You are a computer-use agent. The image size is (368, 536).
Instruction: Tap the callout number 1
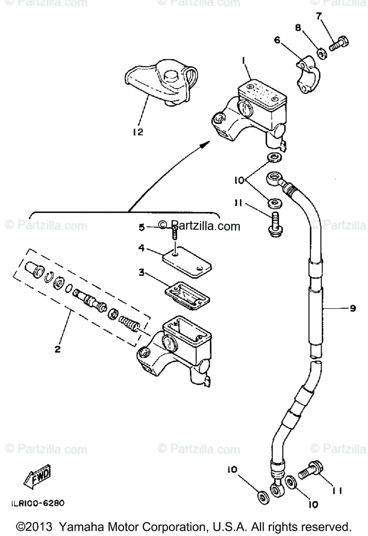244,59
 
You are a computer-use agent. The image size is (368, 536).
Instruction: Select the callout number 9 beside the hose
352,308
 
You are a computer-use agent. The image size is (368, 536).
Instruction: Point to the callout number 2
57,349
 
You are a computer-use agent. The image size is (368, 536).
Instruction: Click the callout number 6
277,40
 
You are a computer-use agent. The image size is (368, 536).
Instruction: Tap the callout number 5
142,227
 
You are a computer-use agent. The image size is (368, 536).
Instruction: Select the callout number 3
142,272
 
